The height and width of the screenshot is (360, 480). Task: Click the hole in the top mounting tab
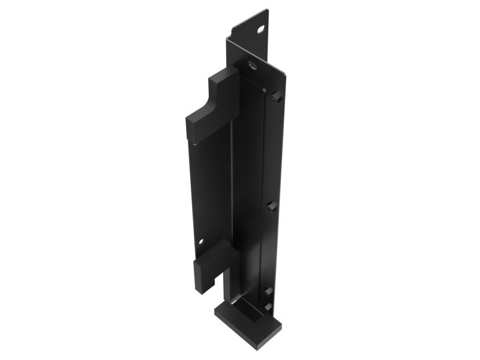[261, 28]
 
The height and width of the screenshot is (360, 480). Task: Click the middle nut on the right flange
[270, 207]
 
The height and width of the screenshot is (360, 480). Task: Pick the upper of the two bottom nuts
[268, 291]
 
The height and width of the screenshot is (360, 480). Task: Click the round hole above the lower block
[201, 242]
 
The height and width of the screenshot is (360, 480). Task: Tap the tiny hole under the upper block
[195, 143]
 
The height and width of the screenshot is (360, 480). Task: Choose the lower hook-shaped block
[213, 264]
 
